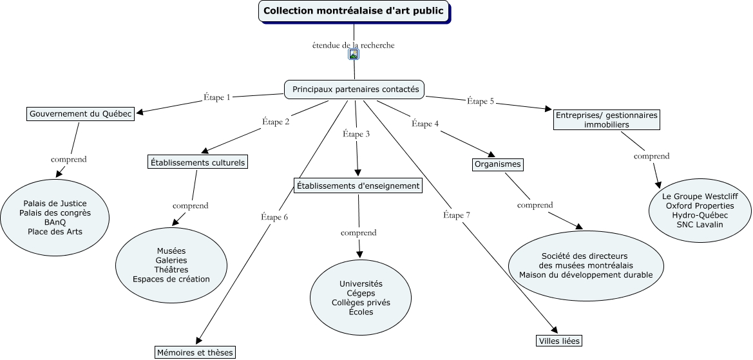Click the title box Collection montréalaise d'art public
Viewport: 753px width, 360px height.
click(x=354, y=11)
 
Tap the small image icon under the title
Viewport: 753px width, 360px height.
click(x=353, y=55)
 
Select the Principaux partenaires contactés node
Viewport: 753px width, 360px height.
click(x=355, y=90)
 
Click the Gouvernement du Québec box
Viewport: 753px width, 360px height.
click(x=81, y=114)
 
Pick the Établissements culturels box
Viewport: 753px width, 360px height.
click(x=198, y=162)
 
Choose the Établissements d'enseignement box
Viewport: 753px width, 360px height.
click(x=358, y=186)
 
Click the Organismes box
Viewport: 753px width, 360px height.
click(x=497, y=164)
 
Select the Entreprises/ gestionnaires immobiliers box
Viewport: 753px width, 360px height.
click(x=606, y=120)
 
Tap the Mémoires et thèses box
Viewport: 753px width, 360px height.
click(x=195, y=352)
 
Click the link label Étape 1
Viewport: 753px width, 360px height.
click(x=216, y=97)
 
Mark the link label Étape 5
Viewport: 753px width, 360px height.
click(x=480, y=101)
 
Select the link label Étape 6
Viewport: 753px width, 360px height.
click(x=274, y=217)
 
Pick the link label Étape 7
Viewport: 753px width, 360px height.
click(x=457, y=215)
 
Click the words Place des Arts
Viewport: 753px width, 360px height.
click(x=55, y=232)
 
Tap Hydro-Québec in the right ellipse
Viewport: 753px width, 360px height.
click(x=700, y=215)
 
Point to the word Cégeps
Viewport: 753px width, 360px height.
click(x=361, y=293)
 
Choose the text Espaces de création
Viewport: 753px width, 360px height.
click(x=171, y=279)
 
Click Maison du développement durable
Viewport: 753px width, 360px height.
click(x=586, y=275)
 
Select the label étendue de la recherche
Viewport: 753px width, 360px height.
click(x=353, y=45)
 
